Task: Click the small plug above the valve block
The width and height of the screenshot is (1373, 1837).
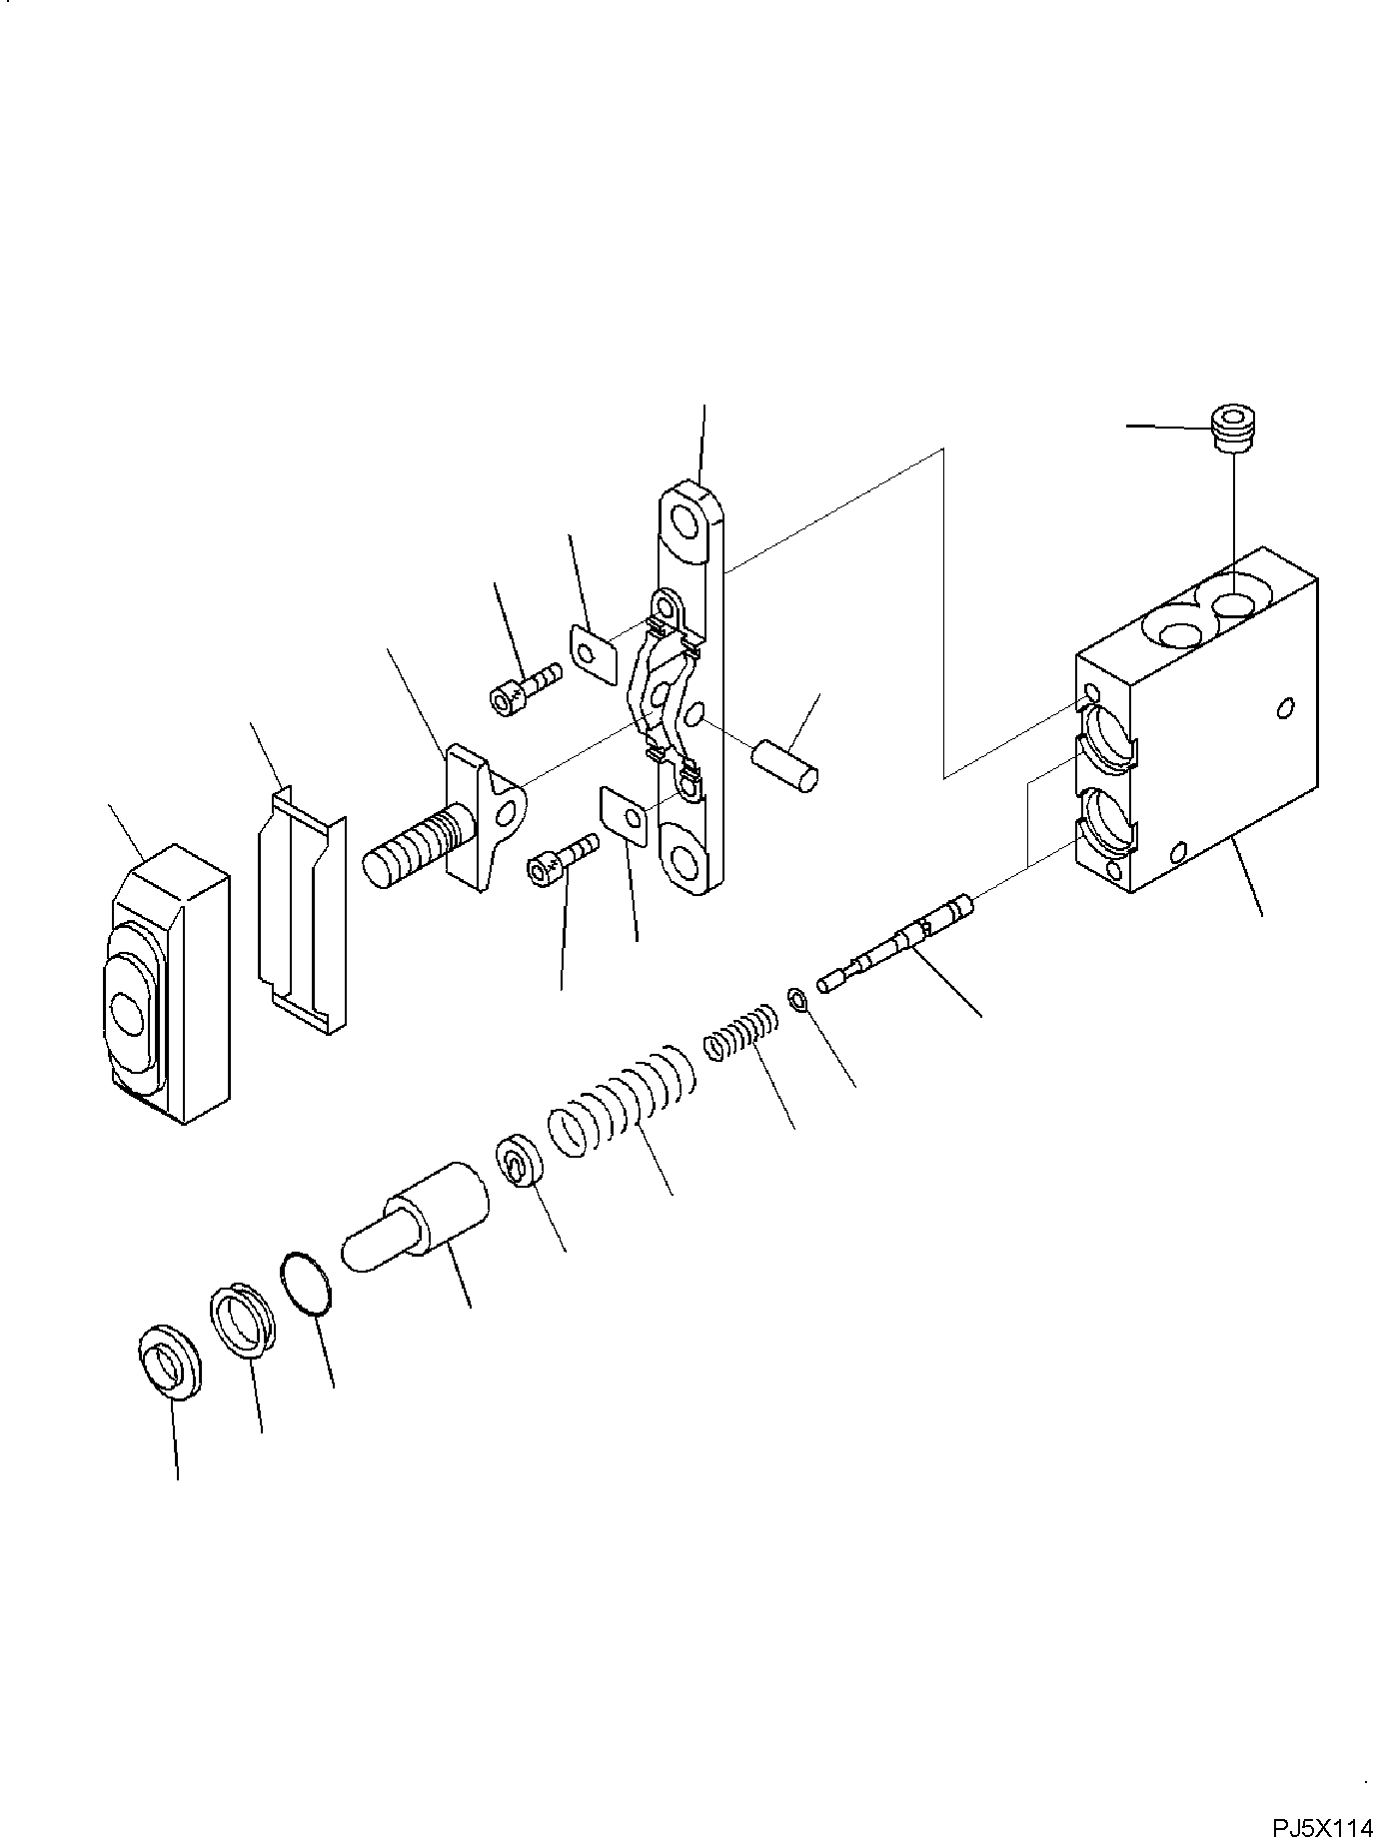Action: point(1230,429)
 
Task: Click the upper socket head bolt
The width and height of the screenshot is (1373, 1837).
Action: point(524,688)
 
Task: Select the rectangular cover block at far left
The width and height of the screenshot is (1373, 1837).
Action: point(167,984)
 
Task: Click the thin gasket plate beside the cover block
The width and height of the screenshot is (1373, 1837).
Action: point(300,908)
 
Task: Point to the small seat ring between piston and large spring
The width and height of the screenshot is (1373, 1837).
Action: point(520,1161)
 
